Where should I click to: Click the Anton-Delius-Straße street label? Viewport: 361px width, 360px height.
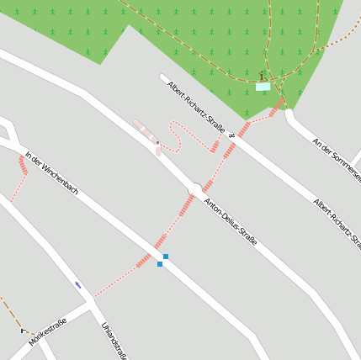pyautogui.click(x=231, y=221)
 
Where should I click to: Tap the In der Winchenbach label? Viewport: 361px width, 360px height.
pyautogui.click(x=51, y=172)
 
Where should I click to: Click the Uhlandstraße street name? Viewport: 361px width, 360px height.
pyautogui.click(x=114, y=341)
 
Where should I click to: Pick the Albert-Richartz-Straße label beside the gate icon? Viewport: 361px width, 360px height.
pyautogui.click(x=195, y=107)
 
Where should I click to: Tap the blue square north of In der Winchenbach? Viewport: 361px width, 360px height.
pyautogui.click(x=166, y=256)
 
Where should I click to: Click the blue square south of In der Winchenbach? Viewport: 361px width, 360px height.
pyautogui.click(x=159, y=264)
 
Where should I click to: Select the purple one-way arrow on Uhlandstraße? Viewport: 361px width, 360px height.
pyautogui.click(x=78, y=285)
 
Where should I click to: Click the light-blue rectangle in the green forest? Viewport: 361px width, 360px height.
pyautogui.click(x=263, y=86)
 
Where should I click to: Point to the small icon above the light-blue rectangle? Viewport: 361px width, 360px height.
pyautogui.click(x=262, y=76)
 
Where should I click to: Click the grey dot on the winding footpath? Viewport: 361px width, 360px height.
pyautogui.click(x=157, y=143)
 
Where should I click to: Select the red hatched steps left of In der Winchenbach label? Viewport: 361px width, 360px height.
pyautogui.click(x=23, y=165)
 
